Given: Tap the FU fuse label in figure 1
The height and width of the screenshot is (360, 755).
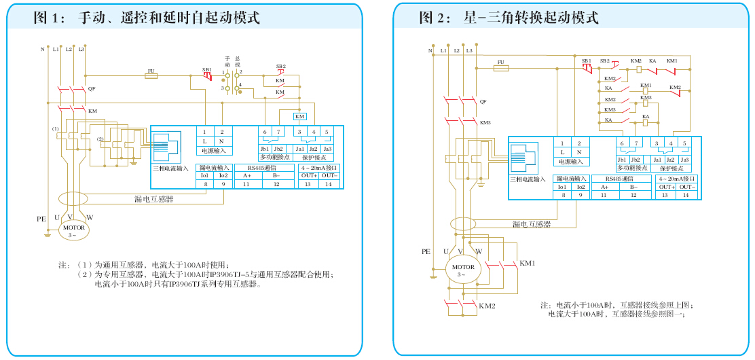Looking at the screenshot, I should click(151, 70).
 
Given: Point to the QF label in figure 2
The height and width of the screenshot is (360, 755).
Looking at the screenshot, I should click(483, 101).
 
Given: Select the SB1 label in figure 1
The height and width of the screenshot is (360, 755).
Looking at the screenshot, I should click(206, 69).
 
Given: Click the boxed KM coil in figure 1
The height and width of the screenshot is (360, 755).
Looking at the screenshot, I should click(300, 116).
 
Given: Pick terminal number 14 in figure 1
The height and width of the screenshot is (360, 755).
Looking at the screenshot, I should click(329, 184).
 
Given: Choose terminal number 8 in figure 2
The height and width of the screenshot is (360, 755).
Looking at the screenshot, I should click(562, 195).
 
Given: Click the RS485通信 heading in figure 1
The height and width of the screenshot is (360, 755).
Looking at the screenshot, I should click(262, 167).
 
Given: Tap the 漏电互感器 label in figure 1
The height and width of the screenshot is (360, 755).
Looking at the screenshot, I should click(153, 199).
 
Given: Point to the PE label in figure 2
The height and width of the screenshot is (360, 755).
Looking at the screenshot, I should click(426, 251).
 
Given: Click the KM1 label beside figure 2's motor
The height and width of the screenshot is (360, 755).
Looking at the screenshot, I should click(528, 263).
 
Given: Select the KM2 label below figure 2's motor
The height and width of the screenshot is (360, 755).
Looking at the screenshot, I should click(487, 306).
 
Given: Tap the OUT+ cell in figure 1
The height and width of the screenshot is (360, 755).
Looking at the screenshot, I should click(308, 175).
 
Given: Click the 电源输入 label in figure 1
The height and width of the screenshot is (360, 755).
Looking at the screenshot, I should click(214, 150).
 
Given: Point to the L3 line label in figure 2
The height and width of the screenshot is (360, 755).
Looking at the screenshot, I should click(469, 51).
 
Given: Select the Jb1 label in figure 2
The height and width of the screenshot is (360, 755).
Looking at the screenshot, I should click(622, 160).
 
